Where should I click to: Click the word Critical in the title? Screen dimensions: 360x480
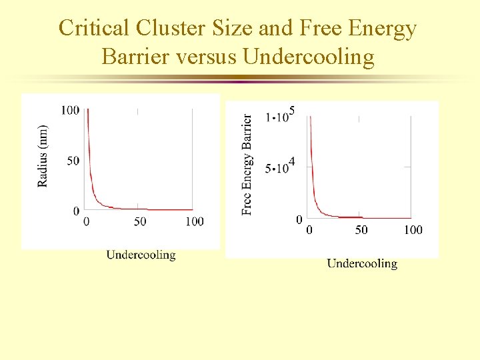[x=93, y=29]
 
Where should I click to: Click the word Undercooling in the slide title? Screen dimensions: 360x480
[x=309, y=57]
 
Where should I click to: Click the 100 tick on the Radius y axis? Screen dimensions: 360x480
[x=70, y=109]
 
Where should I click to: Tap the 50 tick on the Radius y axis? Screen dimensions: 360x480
[x=72, y=161]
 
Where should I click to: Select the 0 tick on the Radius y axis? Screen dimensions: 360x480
[x=76, y=211]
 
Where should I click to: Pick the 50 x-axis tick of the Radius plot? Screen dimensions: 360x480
[x=140, y=221]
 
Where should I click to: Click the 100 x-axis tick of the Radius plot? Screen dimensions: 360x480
[x=194, y=221]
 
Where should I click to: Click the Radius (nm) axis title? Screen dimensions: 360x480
[x=43, y=155]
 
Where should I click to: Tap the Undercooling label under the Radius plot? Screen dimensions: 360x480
[x=141, y=254]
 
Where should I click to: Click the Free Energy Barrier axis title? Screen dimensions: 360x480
[x=247, y=164]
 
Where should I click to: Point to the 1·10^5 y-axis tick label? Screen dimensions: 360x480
[x=280, y=115]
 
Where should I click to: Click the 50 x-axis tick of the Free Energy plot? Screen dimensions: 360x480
[x=361, y=230]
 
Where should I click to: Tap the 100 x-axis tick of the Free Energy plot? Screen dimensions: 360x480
[x=413, y=230]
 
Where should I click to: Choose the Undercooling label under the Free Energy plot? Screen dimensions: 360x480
[x=362, y=263]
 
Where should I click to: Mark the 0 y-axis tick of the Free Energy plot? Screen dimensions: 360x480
[x=299, y=219]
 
